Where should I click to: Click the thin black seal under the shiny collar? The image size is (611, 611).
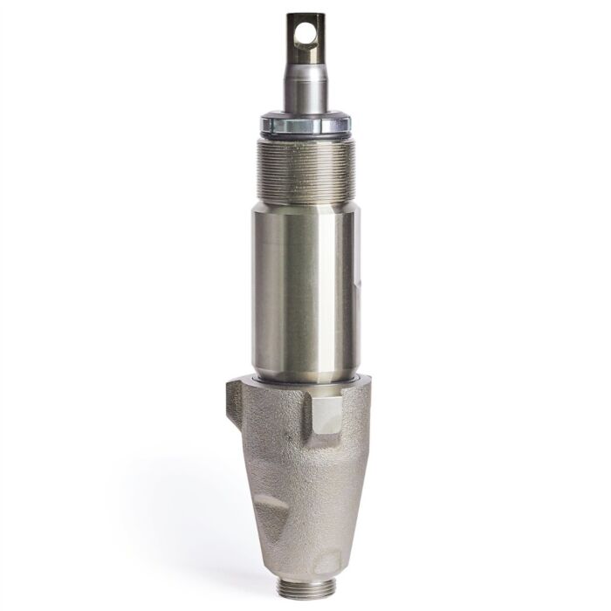pyautogui.click(x=305, y=134)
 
